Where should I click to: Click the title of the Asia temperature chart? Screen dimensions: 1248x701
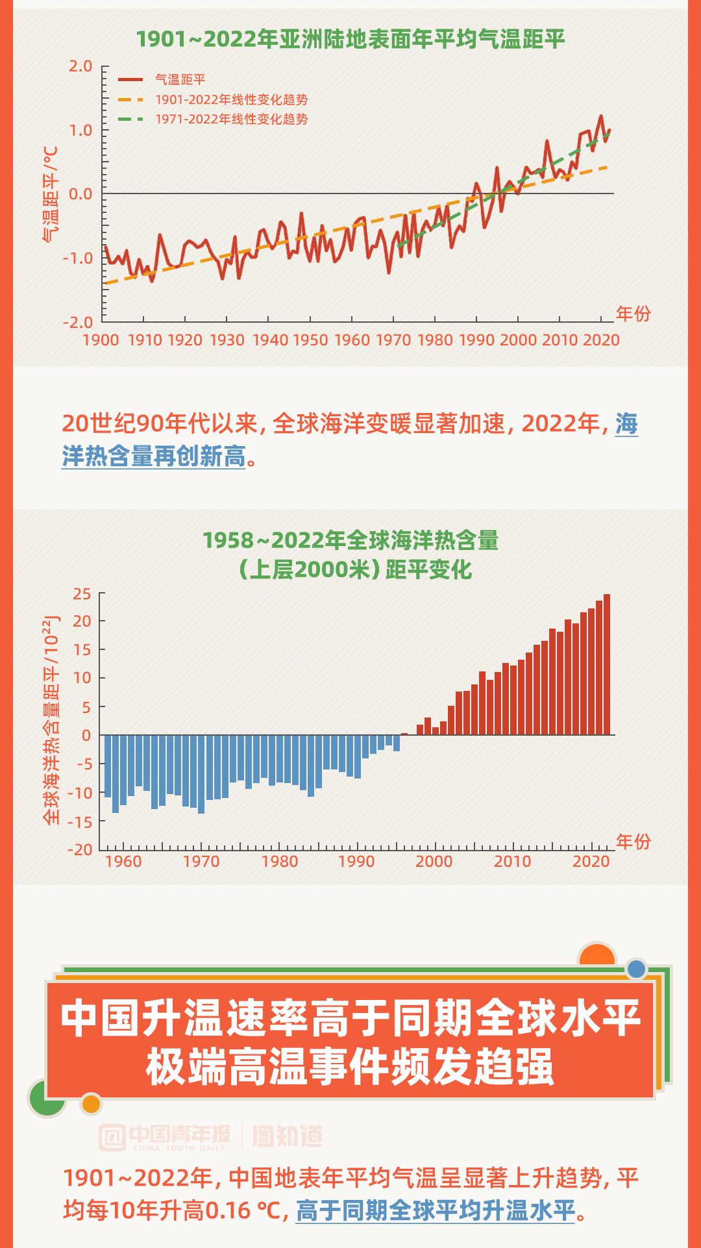point(350,40)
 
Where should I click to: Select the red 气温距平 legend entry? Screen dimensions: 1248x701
point(180,80)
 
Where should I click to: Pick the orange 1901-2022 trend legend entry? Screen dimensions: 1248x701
point(231,100)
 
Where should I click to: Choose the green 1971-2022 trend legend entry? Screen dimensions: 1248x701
point(231,119)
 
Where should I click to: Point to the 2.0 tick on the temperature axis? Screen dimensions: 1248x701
point(80,66)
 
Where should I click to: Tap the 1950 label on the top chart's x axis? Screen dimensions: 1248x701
point(310,340)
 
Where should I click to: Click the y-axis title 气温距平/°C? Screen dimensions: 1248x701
point(51,194)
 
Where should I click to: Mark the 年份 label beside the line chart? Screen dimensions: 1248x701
point(633,314)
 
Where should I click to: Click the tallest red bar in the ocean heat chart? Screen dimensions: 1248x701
point(607,664)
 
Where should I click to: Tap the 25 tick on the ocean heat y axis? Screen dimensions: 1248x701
point(82,594)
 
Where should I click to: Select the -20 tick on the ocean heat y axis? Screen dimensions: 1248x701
point(80,849)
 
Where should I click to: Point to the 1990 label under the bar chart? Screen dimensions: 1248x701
point(356,862)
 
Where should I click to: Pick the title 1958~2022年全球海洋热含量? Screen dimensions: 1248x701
point(350,540)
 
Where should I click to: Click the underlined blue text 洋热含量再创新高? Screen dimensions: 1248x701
point(154,456)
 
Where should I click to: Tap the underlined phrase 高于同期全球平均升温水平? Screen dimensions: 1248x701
point(436,1210)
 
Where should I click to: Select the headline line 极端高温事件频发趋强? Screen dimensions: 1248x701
point(350,1067)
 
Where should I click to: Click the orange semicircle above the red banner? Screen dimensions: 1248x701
point(596,955)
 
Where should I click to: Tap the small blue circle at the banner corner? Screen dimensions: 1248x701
point(637,969)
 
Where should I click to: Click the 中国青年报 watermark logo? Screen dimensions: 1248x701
point(166,1137)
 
